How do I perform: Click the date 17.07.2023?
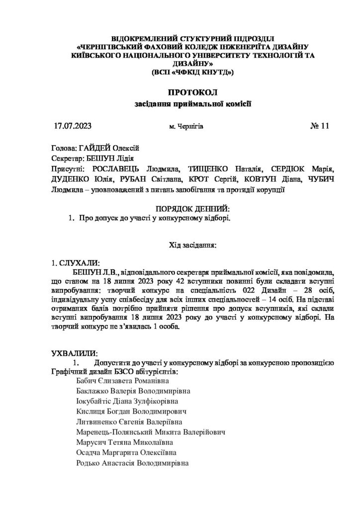click(x=73, y=126)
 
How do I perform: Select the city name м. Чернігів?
click(x=186, y=126)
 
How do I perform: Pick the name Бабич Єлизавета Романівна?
click(x=119, y=380)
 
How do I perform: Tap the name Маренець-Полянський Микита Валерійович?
click(x=151, y=432)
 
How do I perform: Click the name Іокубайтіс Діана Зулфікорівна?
click(x=127, y=401)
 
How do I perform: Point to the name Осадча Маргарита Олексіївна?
click(x=126, y=453)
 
